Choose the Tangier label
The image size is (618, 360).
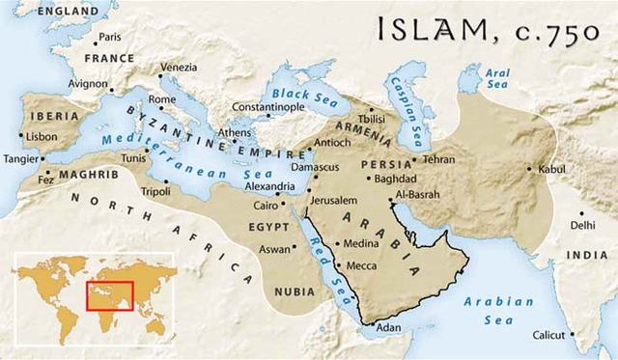point(21,158)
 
